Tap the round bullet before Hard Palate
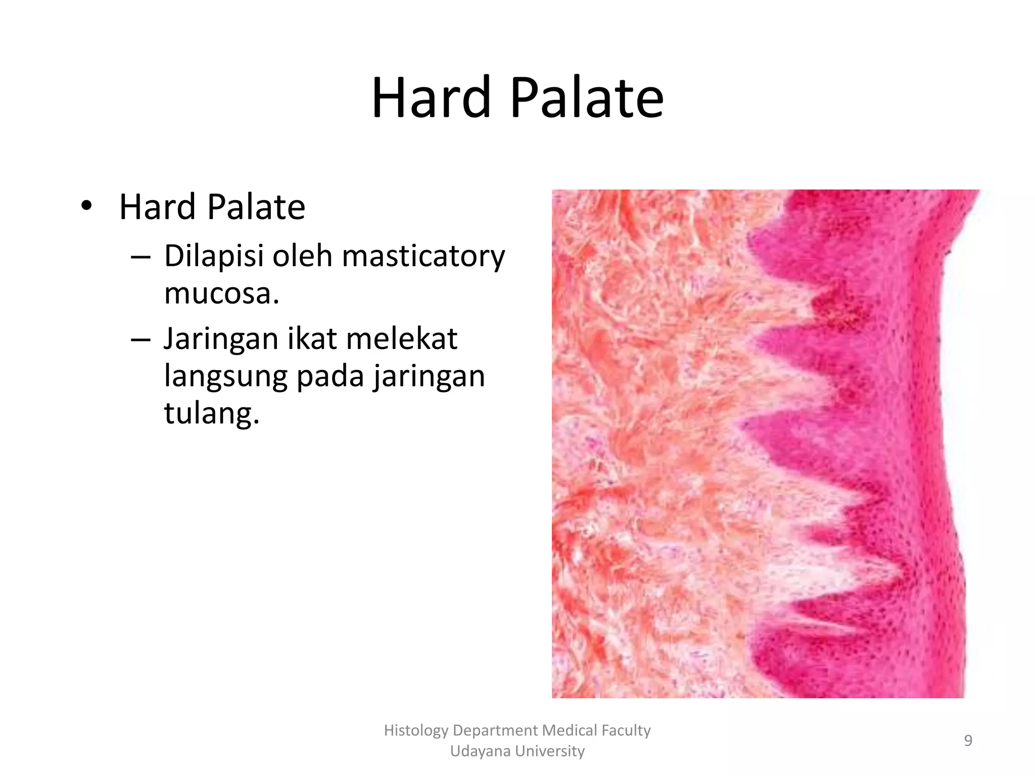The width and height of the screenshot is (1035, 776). coord(86,206)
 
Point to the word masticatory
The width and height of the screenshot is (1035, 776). coord(424,256)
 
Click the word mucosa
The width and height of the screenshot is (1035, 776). coord(221,293)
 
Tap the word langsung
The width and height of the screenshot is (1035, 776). coord(225,376)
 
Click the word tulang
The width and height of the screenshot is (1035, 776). coord(211,413)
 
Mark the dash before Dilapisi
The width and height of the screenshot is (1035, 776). coord(140,257)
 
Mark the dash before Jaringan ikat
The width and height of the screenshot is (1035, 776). coord(140,339)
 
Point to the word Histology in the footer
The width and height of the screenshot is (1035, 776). coord(416,731)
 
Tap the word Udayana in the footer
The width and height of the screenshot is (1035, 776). coord(474,751)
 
